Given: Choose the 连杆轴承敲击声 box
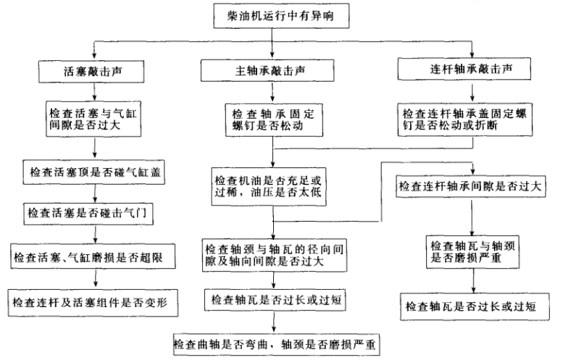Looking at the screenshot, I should tap(470, 71).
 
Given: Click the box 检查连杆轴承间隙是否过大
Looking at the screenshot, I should tap(470, 185).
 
